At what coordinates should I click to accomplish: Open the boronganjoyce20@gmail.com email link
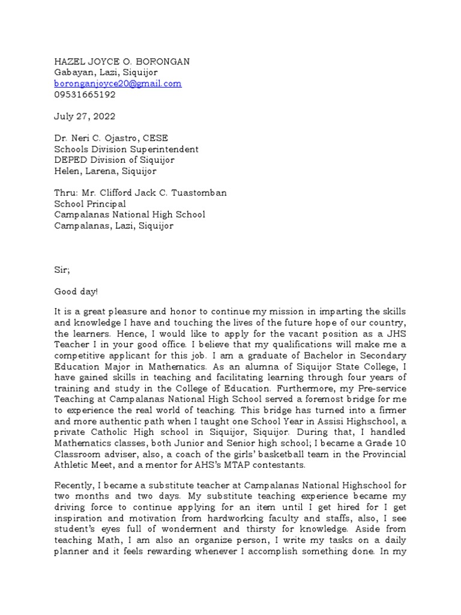pyautogui.click(x=118, y=83)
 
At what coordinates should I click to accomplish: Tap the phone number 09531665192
pyautogui.click(x=85, y=94)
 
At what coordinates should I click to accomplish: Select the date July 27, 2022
pyautogui.click(x=85, y=117)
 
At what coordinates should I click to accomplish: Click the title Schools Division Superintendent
pyautogui.click(x=126, y=149)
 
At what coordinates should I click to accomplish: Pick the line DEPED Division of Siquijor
pyautogui.click(x=114, y=160)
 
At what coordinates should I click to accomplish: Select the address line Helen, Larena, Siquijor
pyautogui.click(x=105, y=171)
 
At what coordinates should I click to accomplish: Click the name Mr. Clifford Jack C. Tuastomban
pyautogui.click(x=154, y=193)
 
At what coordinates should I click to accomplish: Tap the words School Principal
pyautogui.click(x=90, y=204)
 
